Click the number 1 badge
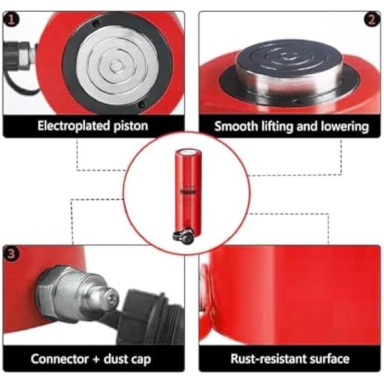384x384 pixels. coord(11,19)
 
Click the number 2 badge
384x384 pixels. coord(372,19)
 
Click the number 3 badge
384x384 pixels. coord(11,253)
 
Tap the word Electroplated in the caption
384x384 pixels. coord(74,126)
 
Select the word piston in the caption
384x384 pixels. coord(131,126)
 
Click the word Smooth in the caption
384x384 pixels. coord(236,126)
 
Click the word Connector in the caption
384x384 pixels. coord(60,359)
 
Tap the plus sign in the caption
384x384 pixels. coord(96,360)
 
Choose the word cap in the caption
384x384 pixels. coord(141,360)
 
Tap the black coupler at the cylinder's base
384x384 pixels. coord(184,237)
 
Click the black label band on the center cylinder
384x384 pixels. coord(188,191)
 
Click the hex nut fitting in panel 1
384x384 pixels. coord(24,56)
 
